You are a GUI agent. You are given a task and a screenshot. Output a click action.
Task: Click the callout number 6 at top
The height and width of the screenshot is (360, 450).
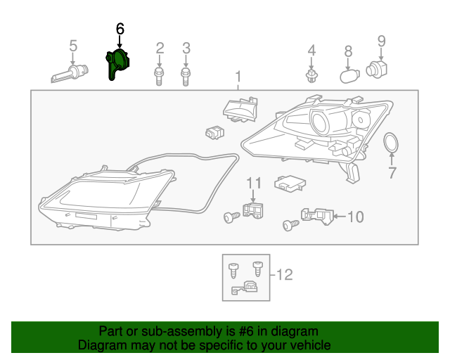coord(120,29)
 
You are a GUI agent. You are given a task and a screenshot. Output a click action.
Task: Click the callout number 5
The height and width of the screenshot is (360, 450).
coord(72,46)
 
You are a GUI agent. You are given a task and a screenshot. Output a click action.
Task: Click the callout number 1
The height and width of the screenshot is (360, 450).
coord(238,76)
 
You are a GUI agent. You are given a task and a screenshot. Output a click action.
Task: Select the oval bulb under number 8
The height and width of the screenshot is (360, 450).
coord(349,75)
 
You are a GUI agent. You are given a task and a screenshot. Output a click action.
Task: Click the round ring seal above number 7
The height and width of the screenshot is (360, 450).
coord(391,144)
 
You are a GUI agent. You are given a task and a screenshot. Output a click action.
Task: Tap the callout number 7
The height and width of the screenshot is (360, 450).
coord(392,172)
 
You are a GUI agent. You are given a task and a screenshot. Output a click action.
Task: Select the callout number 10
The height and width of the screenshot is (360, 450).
coord(355,217)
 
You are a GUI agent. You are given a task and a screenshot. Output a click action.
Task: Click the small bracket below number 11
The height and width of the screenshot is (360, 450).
coord(254,211)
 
